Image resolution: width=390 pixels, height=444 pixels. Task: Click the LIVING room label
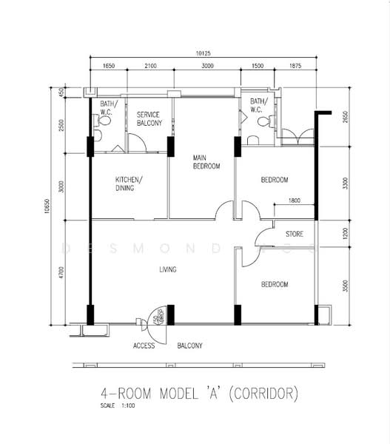point(167,269)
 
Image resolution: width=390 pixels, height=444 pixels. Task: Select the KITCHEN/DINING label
point(129,184)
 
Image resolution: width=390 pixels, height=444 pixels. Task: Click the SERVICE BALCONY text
point(149,118)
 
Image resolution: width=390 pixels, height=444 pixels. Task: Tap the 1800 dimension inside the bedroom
point(294,201)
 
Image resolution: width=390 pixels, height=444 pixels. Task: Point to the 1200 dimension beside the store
point(343,234)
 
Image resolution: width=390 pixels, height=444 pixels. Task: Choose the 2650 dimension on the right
point(343,117)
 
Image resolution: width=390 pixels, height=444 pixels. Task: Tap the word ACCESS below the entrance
point(144,346)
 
